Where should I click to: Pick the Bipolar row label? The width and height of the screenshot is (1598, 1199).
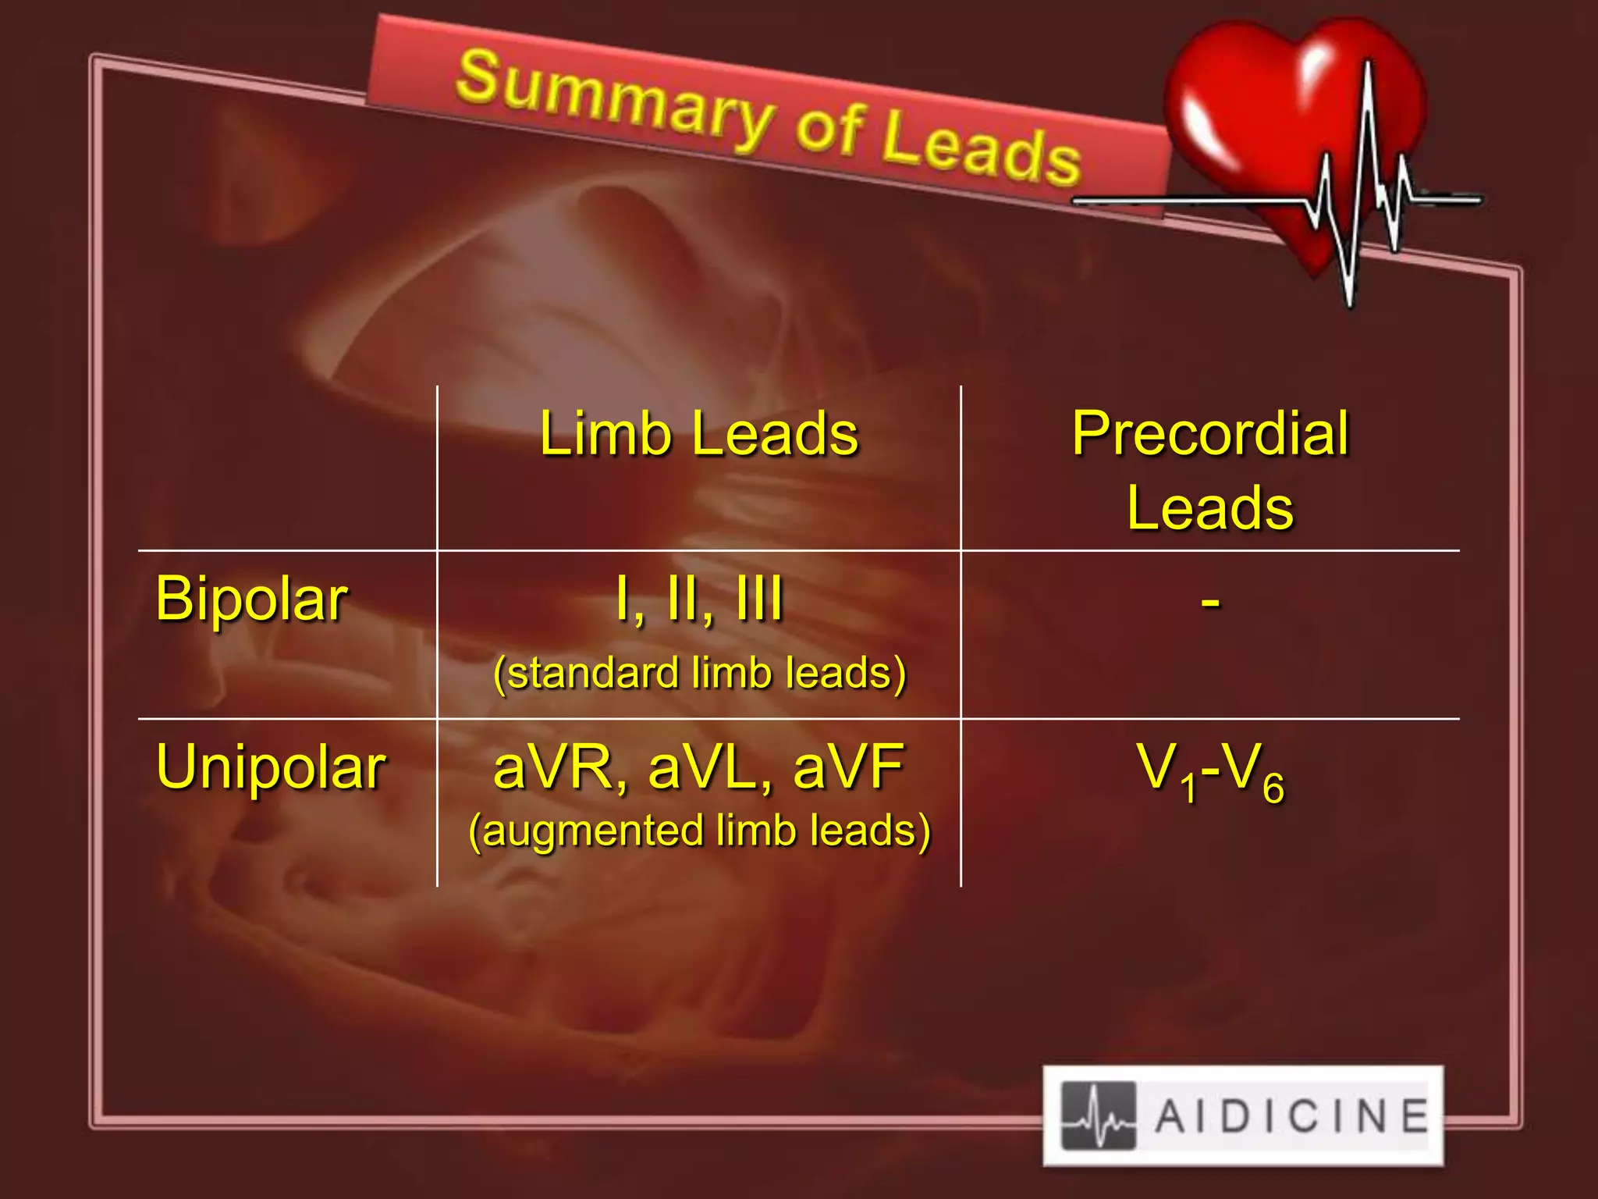click(x=251, y=599)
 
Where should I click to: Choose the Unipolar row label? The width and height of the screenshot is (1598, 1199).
click(x=271, y=767)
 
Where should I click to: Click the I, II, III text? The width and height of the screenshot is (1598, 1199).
click(x=698, y=599)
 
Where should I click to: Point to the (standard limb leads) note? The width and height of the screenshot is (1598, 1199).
click(x=699, y=673)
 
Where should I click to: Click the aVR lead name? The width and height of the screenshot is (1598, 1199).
click(x=554, y=767)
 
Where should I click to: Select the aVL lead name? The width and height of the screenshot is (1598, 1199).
click(x=707, y=767)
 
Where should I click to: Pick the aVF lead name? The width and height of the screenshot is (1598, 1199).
click(x=848, y=767)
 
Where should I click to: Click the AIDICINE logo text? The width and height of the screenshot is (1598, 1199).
click(x=1291, y=1115)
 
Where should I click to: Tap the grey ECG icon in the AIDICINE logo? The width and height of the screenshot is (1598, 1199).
click(x=1099, y=1115)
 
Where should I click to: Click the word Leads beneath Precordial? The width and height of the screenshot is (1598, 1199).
click(x=1210, y=508)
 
